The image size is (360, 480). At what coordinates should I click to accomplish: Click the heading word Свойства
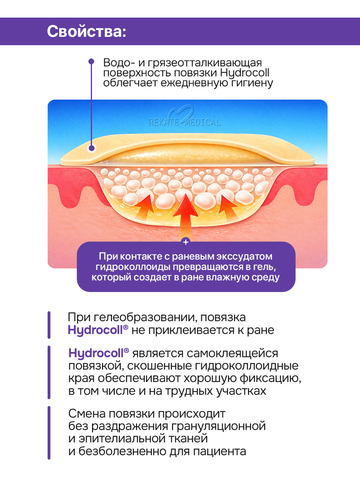pos(85,31)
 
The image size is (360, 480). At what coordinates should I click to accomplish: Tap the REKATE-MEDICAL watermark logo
pos(185,118)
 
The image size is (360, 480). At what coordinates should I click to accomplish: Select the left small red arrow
pos(144,207)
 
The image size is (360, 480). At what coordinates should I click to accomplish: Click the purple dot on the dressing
pos(91,148)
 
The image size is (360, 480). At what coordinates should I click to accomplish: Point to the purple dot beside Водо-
pos(91,62)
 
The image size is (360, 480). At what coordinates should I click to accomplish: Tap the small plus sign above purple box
pos(186,242)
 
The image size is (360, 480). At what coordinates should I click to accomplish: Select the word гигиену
pos(252,83)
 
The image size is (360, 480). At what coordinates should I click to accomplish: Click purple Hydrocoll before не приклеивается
pos(98,330)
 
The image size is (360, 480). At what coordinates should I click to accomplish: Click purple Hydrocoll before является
pos(99,353)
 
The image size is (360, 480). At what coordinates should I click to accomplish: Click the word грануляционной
pos(218,426)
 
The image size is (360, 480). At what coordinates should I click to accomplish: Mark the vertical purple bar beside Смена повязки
pos(49,432)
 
